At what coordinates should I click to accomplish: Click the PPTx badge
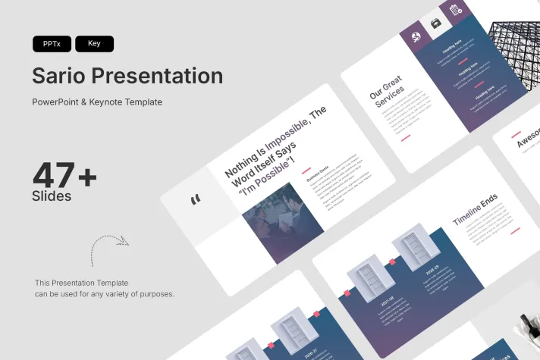(x=52, y=44)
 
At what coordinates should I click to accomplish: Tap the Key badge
(x=94, y=44)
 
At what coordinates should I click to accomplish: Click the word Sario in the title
(x=58, y=77)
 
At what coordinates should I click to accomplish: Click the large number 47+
(x=64, y=176)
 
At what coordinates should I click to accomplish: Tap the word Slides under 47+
(x=52, y=196)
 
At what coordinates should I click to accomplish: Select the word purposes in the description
(x=156, y=293)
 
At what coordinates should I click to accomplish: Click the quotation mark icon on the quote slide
(x=196, y=199)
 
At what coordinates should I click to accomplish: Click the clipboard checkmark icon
(x=456, y=10)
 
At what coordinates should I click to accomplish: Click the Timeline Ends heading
(x=476, y=210)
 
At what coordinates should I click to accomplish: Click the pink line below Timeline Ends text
(x=515, y=230)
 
